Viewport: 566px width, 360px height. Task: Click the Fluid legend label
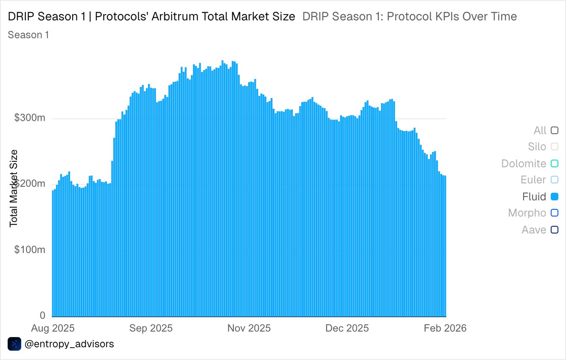click(x=534, y=197)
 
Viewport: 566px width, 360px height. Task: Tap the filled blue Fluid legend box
click(x=555, y=197)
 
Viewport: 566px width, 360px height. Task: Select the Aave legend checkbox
click(x=555, y=230)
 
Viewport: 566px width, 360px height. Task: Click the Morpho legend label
click(x=527, y=213)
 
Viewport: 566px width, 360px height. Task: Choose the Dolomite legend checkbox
click(x=555, y=163)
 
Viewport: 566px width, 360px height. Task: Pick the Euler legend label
click(x=533, y=180)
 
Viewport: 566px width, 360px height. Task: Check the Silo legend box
click(x=555, y=146)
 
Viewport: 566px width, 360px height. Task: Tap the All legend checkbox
click(x=555, y=130)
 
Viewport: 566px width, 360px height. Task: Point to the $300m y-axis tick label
click(x=30, y=118)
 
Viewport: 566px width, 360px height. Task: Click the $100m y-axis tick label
click(x=30, y=250)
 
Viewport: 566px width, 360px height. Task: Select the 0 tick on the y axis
click(x=42, y=315)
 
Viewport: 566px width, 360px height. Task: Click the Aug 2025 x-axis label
click(x=53, y=328)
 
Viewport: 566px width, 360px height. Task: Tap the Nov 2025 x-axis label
click(x=249, y=328)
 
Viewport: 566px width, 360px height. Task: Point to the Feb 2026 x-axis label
click(x=445, y=328)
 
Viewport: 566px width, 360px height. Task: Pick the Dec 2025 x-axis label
click(x=347, y=328)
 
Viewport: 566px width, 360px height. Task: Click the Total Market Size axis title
click(x=14, y=188)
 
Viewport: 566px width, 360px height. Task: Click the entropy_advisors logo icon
click(x=14, y=344)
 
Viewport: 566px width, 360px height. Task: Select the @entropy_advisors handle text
click(x=69, y=344)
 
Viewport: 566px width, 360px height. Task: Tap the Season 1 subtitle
click(x=28, y=35)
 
